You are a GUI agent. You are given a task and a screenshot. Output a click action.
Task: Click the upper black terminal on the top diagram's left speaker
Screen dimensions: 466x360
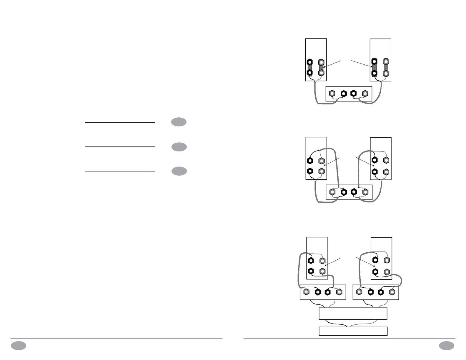(309, 62)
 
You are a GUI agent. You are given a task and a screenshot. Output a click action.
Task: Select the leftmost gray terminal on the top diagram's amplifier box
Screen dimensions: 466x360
(332, 94)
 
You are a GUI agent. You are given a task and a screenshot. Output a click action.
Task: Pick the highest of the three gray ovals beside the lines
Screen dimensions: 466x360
(179, 122)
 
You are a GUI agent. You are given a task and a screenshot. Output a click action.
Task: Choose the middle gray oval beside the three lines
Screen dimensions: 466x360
(179, 147)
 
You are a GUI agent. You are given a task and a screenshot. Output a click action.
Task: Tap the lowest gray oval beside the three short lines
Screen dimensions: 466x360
(179, 171)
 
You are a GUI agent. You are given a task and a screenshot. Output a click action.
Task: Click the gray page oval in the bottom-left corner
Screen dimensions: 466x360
(19, 346)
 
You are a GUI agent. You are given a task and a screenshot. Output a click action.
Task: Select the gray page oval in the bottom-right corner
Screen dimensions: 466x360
(447, 346)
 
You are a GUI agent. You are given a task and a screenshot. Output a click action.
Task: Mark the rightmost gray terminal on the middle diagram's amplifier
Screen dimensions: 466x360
(365, 192)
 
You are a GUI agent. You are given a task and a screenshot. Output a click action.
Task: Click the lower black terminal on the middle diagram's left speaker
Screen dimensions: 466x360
(310, 171)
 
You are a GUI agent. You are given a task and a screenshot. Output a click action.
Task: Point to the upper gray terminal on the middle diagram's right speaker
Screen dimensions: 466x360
(386, 160)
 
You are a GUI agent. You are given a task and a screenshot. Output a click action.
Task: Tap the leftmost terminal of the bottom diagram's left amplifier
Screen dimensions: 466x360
(307, 292)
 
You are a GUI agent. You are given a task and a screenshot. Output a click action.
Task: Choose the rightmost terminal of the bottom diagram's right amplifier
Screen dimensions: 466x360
(392, 292)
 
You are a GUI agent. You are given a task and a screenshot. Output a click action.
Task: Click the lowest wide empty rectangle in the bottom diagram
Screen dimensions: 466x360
(353, 331)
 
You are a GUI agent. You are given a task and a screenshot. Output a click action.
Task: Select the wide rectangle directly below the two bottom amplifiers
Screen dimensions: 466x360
(353, 314)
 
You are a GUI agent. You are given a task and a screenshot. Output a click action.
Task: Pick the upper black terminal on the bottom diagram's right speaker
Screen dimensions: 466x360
(375, 260)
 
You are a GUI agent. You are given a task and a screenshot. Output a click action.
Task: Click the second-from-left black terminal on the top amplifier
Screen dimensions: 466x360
(343, 94)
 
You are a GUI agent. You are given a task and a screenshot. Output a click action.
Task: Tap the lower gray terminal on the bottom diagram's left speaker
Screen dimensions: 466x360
(322, 271)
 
